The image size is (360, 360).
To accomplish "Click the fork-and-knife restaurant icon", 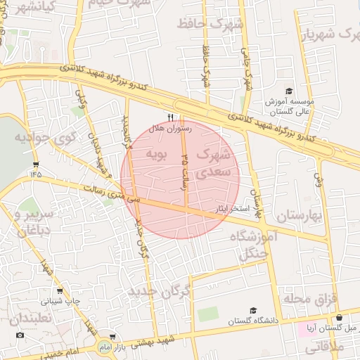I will coord(170,118).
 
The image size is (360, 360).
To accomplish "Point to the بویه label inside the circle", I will coord(155,153).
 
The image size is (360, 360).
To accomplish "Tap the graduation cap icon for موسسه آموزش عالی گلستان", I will coord(288,91).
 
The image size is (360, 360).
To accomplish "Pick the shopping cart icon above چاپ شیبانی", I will coord(60,290).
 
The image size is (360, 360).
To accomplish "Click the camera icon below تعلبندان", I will coord(20,335).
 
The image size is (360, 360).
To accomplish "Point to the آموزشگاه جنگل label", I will coord(253,245).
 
